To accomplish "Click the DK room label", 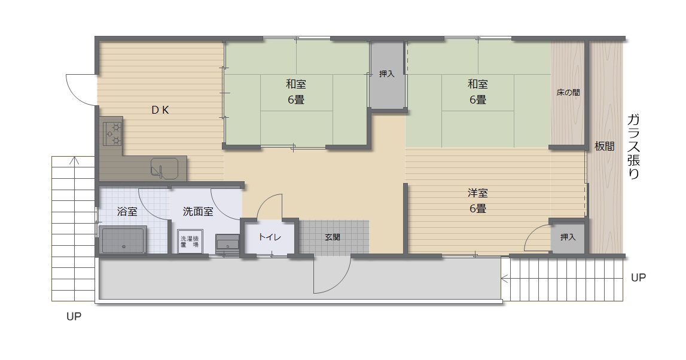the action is [x=160, y=110].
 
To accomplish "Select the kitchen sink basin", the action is [x=164, y=169].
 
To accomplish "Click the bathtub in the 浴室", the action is [x=123, y=240].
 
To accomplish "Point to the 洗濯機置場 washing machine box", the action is [x=190, y=242].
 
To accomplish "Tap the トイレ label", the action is [x=270, y=237].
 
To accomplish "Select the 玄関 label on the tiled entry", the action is [x=333, y=237].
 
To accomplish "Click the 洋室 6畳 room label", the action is [x=478, y=201].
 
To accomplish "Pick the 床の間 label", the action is [x=568, y=93].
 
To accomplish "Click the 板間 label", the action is [x=604, y=147].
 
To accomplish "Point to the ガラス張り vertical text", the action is [x=634, y=147].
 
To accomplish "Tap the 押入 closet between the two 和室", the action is [x=387, y=74].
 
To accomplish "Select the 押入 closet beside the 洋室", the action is [x=568, y=237].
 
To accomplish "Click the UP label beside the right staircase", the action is [x=638, y=277].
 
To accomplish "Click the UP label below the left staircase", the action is [x=74, y=316].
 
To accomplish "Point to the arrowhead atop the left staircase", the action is [x=74, y=160].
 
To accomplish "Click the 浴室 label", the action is [x=127, y=212].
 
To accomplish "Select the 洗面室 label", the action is [x=198, y=212].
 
